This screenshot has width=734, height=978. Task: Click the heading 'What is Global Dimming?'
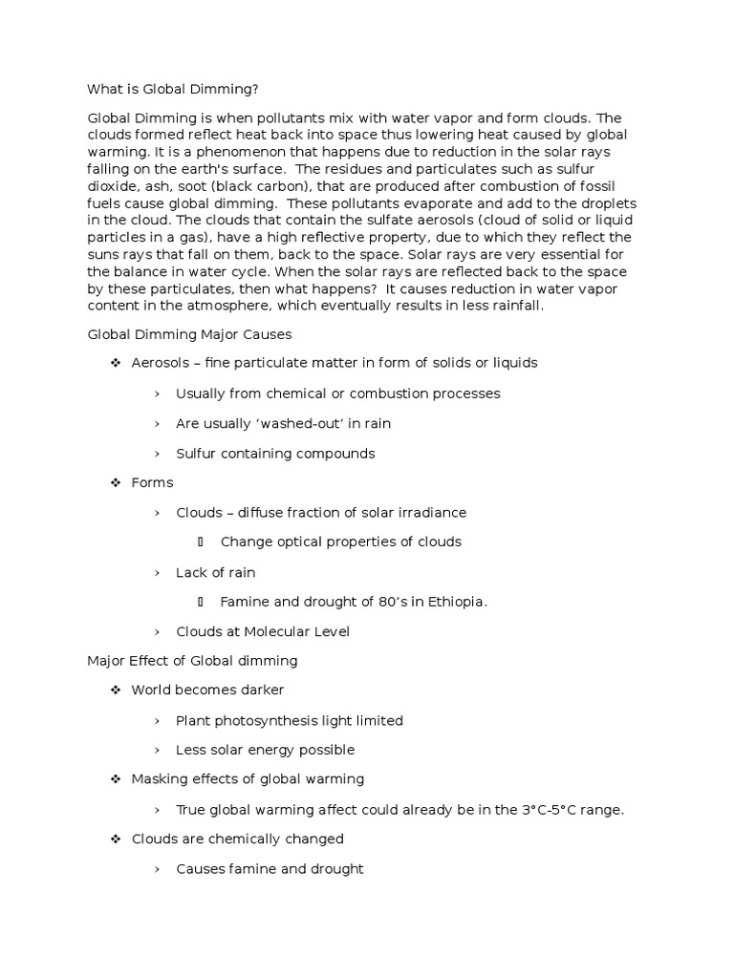(x=173, y=89)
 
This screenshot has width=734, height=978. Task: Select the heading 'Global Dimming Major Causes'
(x=189, y=334)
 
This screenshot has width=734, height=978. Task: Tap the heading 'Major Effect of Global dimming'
(x=192, y=660)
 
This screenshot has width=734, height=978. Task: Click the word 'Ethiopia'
(x=454, y=602)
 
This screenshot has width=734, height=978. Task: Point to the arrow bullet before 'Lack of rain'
(x=157, y=572)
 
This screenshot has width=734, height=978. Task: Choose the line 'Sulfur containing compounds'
(x=275, y=453)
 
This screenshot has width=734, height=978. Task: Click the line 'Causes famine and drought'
(x=270, y=868)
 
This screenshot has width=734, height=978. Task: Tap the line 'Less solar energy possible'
(x=265, y=750)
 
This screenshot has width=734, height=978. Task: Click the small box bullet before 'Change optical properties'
(x=201, y=542)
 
